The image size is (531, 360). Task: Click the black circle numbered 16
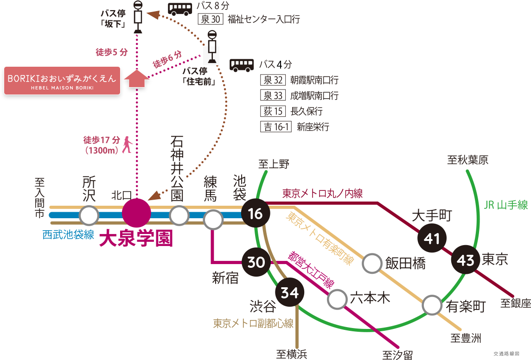[x=256, y=214]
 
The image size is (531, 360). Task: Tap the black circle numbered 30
[x=256, y=262]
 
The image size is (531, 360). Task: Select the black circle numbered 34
[x=290, y=293]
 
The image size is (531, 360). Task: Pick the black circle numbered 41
[x=432, y=239]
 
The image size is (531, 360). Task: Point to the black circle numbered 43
[x=465, y=260]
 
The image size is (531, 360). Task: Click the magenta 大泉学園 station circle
[x=136, y=213]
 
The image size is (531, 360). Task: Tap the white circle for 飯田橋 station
[x=372, y=263]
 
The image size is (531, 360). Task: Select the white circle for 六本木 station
[x=337, y=299]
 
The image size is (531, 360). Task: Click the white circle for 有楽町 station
[x=432, y=306]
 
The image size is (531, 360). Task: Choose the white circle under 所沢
[x=89, y=215]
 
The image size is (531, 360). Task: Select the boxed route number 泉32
[x=273, y=80]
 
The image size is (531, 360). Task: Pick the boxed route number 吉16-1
[x=276, y=127]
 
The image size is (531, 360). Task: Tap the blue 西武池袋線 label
[x=68, y=234]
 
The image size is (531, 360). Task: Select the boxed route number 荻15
[x=273, y=112]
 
